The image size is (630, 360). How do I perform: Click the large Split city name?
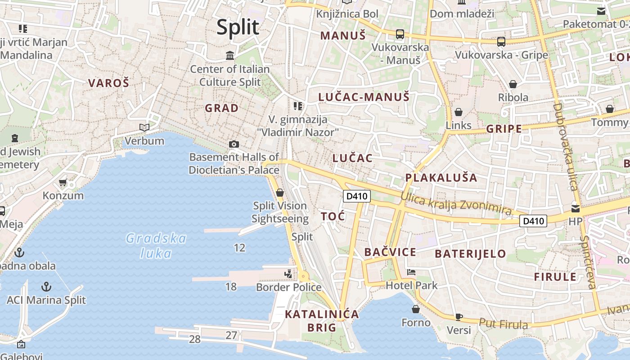238,27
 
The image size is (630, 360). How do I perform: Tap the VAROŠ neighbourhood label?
108,83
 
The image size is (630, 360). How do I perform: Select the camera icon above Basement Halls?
234,144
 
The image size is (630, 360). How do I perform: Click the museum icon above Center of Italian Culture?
230,55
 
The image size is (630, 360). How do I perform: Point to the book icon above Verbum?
144,127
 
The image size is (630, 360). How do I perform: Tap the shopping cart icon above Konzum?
63,182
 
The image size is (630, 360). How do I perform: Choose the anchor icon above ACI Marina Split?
46,287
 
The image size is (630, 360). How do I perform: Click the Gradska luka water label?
156,245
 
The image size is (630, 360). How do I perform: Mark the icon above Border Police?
288,274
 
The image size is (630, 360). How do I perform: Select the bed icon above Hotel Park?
411,272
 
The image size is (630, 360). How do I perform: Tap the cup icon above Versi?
459,317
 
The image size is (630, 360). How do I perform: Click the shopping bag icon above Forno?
416,309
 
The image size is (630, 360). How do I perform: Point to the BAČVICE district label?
390,252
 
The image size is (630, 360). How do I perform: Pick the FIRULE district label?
555,276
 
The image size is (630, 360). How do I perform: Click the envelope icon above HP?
576,208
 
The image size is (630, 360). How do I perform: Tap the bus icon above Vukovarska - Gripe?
501,42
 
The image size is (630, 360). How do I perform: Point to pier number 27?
231,335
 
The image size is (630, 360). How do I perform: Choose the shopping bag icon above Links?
459,112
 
